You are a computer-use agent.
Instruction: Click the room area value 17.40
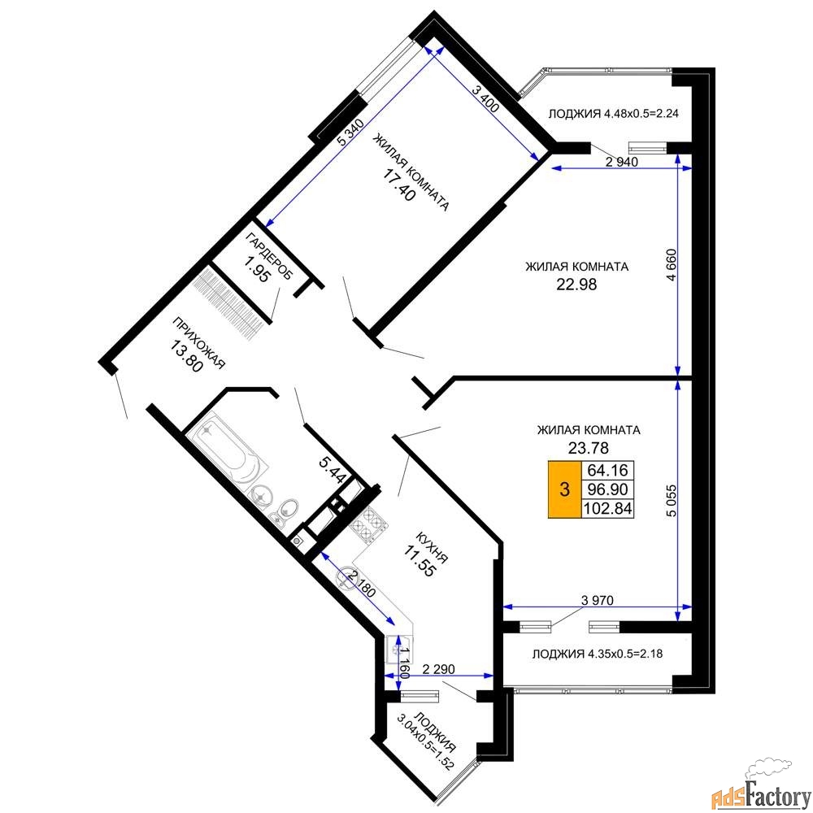[399, 185]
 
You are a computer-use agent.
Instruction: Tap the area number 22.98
[576, 284]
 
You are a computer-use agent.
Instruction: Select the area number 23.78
[588, 447]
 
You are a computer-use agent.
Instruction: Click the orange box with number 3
[565, 489]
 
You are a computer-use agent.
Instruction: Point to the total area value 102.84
[607, 508]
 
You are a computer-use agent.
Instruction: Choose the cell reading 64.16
[607, 470]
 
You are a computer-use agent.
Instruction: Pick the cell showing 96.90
[607, 489]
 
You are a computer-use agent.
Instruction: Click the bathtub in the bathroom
[227, 452]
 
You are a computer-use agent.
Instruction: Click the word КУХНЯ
[432, 547]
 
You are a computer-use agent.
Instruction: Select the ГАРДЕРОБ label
[268, 256]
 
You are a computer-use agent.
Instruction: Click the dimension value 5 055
[672, 500]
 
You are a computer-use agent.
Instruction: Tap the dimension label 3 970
[598, 601]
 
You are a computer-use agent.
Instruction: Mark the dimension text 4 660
[672, 266]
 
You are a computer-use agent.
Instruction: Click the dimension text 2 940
[622, 162]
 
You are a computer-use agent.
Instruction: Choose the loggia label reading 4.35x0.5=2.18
[598, 654]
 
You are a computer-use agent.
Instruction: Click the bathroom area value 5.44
[332, 470]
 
